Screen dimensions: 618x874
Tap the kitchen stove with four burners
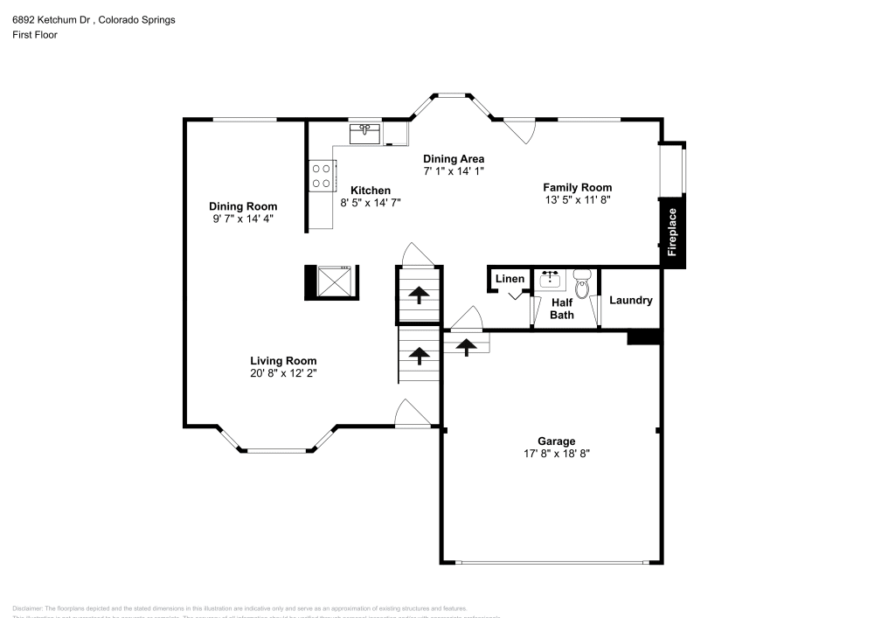click(321, 176)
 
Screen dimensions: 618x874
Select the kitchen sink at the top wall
click(364, 134)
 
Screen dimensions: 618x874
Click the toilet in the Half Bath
click(583, 282)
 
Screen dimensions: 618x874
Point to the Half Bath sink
click(551, 281)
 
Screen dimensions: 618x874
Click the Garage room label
click(556, 441)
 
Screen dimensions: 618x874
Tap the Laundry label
click(630, 301)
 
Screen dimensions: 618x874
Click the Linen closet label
click(510, 279)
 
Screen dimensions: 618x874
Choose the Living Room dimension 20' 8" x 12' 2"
click(283, 373)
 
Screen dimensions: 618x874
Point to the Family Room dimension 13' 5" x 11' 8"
click(577, 199)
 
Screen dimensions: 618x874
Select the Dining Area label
click(454, 158)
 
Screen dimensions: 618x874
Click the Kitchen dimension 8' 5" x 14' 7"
click(371, 202)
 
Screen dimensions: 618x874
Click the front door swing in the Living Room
click(411, 413)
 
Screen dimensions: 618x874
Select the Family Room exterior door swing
click(521, 130)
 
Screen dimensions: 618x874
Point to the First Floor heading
click(35, 35)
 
